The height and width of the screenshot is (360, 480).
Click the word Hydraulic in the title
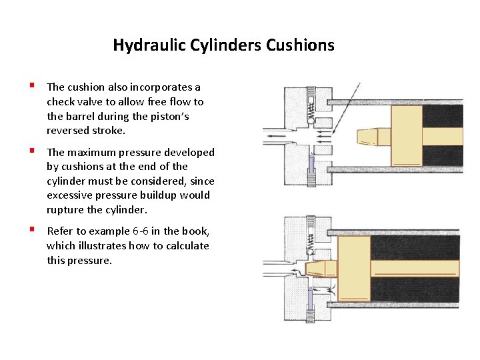[x=141, y=45]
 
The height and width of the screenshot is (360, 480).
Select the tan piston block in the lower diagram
[x=354, y=268]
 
